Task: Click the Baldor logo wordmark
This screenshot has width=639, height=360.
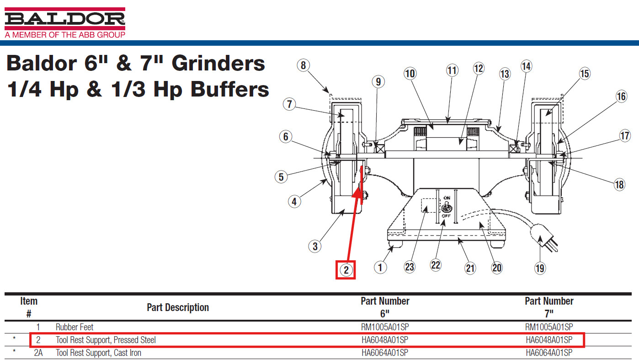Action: [x=65, y=19]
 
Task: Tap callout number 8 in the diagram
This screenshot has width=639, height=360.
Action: [x=303, y=65]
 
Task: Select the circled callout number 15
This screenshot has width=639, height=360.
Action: [x=585, y=74]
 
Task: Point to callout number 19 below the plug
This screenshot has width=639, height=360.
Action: [x=540, y=269]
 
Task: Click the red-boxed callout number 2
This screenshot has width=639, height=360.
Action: [x=346, y=270]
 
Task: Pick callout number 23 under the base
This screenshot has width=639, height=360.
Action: [x=410, y=267]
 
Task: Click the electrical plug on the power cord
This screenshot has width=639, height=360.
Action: [x=544, y=237]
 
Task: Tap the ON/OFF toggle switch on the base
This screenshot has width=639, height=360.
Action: [x=447, y=207]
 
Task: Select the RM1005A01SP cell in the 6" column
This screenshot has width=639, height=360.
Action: [x=385, y=327]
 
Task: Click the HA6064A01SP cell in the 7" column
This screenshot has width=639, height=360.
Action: [x=549, y=353]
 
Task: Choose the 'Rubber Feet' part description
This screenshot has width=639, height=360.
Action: [x=75, y=327]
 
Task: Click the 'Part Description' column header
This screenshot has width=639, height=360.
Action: [x=178, y=307]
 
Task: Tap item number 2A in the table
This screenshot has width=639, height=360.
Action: [x=38, y=353]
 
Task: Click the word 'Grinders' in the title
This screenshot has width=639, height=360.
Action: [x=218, y=64]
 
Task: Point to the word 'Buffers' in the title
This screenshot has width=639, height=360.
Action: [x=229, y=89]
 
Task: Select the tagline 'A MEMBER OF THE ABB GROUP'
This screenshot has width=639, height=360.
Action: [x=65, y=35]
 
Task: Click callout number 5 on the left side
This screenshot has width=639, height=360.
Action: [x=281, y=177]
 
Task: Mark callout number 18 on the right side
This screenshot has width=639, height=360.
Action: [x=619, y=185]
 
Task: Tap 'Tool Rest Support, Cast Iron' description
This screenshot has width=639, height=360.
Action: [x=98, y=353]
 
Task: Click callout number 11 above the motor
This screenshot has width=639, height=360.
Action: [x=452, y=70]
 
